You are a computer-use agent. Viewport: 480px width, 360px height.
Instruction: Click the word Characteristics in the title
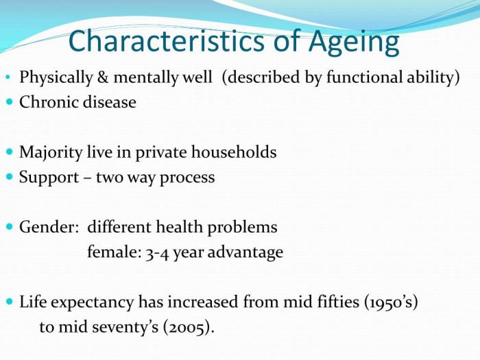[166, 41]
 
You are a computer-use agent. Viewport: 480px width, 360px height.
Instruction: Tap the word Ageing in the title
[354, 43]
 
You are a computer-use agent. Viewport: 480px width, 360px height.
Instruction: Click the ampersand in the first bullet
[103, 77]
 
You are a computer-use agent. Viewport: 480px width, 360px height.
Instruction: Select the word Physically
[56, 77]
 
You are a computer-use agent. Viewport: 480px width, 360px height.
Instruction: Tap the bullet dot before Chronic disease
[10, 101]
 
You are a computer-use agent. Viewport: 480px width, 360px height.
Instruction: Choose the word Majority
[51, 153]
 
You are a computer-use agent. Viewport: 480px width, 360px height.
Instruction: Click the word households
[234, 152]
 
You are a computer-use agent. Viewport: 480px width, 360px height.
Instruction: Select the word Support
[49, 178]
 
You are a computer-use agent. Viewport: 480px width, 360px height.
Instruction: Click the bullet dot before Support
[10, 177]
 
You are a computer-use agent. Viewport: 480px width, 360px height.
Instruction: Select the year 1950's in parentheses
[391, 302]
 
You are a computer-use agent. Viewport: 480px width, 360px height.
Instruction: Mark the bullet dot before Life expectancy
[10, 302]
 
